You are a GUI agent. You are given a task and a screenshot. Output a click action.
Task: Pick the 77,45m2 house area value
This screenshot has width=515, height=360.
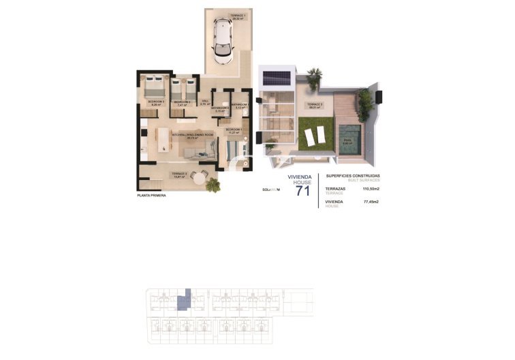coord(371,202)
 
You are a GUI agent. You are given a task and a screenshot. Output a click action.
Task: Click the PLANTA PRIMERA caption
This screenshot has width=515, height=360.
coord(151,196)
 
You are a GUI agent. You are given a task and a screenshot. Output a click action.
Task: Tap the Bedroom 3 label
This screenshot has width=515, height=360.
coord(156,102)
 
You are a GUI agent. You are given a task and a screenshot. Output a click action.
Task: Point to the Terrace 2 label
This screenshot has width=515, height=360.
coord(179,174)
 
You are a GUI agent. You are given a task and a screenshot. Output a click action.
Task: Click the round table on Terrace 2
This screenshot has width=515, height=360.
coord(198,178)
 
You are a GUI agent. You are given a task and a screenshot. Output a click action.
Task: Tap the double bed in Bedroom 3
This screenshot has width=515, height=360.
coord(154,87)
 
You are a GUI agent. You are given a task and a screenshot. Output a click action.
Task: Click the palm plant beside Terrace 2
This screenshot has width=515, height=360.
coord(214,184)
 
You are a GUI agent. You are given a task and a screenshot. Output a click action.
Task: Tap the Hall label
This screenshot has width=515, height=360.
coord(204,102)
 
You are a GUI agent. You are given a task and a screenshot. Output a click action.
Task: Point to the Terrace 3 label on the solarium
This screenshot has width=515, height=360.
coord(315,104)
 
